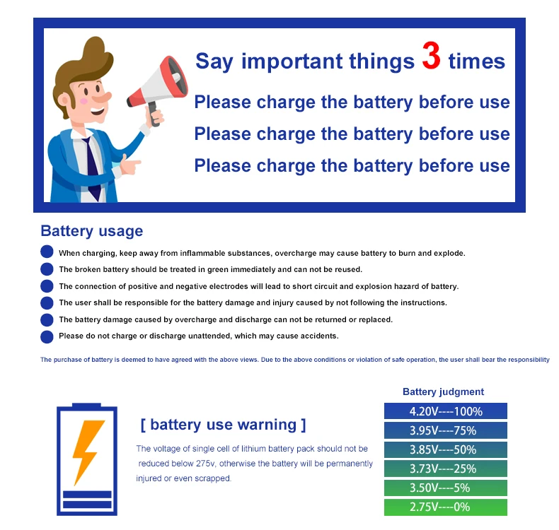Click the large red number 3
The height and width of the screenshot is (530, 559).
point(431,57)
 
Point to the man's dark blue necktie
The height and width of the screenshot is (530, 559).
point(93,166)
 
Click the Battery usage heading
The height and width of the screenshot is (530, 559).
point(91,231)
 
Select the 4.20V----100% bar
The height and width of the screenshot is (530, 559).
point(445,411)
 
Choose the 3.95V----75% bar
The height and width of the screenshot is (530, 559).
point(445,430)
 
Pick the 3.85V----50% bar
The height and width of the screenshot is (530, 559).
point(445,449)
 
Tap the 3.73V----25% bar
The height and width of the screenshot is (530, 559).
point(445,469)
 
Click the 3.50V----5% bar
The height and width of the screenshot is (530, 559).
point(445,488)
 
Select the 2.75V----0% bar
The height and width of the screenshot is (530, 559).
point(445,507)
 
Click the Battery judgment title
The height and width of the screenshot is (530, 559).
point(443,391)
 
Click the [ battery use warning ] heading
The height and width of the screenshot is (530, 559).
point(223,425)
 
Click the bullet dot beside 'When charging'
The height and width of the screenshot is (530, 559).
point(47,252)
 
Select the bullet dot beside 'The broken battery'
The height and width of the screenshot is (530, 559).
point(47,269)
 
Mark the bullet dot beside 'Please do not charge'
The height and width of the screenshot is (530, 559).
point(47,336)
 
